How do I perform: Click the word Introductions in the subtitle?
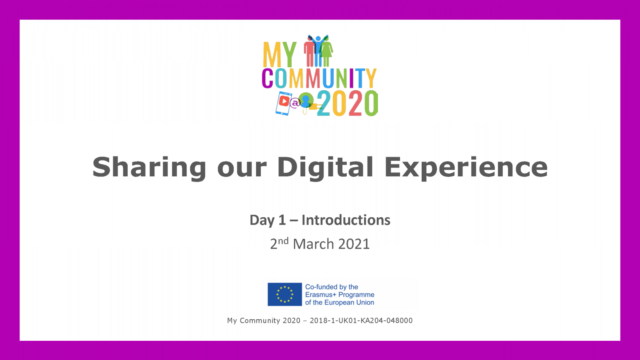[x=346, y=220]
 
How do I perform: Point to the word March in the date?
[x=314, y=244]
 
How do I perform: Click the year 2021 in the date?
[x=354, y=244]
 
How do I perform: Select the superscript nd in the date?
[x=283, y=241]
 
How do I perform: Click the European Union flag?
[x=284, y=294]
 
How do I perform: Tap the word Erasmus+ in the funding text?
[x=320, y=294]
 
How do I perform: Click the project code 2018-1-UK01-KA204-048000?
[x=361, y=320]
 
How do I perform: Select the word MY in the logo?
[x=280, y=54]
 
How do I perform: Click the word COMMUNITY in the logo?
[x=319, y=78]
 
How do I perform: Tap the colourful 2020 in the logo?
[x=348, y=103]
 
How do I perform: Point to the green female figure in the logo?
[x=326, y=53]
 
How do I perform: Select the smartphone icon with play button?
[x=284, y=103]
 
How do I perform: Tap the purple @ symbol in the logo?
[x=295, y=102]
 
